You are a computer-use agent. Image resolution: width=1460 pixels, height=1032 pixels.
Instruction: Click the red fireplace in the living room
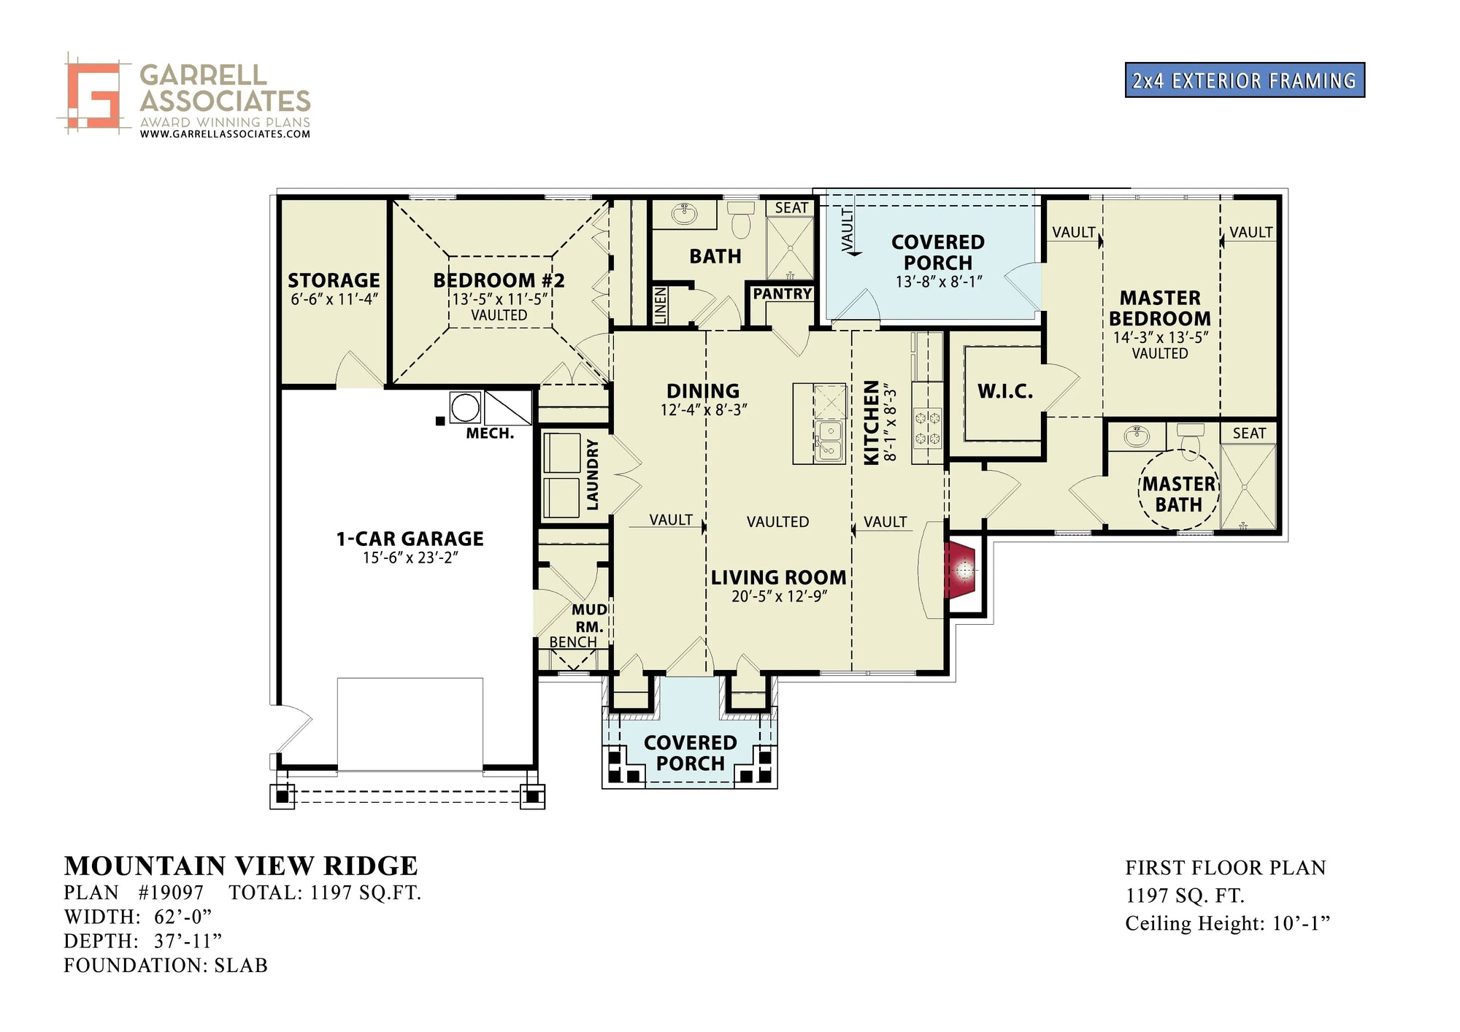[962, 570]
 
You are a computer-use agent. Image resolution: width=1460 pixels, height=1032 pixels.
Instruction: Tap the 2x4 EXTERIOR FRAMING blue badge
[1244, 80]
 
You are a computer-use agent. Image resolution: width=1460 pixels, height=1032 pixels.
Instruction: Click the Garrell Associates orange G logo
[93, 95]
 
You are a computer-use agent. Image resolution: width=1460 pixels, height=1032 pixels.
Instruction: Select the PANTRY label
[783, 293]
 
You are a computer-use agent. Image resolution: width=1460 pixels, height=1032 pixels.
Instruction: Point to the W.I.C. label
[1005, 392]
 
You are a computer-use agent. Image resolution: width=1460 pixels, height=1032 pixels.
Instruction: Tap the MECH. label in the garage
[490, 434]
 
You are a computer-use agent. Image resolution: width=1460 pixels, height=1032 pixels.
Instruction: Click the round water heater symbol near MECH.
[465, 407]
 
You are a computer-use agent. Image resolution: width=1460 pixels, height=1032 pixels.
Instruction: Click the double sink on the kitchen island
[829, 441]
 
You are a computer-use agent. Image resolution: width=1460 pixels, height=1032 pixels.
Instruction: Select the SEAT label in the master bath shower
[1249, 433]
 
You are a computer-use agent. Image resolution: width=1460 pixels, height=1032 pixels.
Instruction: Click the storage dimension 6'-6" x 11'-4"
[334, 299]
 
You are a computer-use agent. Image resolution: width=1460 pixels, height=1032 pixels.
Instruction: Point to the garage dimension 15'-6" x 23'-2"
[410, 558]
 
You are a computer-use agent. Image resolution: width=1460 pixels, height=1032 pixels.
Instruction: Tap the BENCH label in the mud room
[573, 642]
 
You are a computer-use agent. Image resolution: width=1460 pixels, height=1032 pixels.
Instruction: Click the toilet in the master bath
[1190, 440]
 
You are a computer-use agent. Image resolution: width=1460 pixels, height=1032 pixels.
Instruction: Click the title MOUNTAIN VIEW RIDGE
[241, 866]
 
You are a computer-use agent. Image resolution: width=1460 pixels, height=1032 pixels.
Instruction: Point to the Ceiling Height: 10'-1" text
[1227, 923]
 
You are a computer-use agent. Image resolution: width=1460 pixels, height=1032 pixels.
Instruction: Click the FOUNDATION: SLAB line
[166, 966]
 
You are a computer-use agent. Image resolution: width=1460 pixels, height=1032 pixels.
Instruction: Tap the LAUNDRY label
[593, 474]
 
